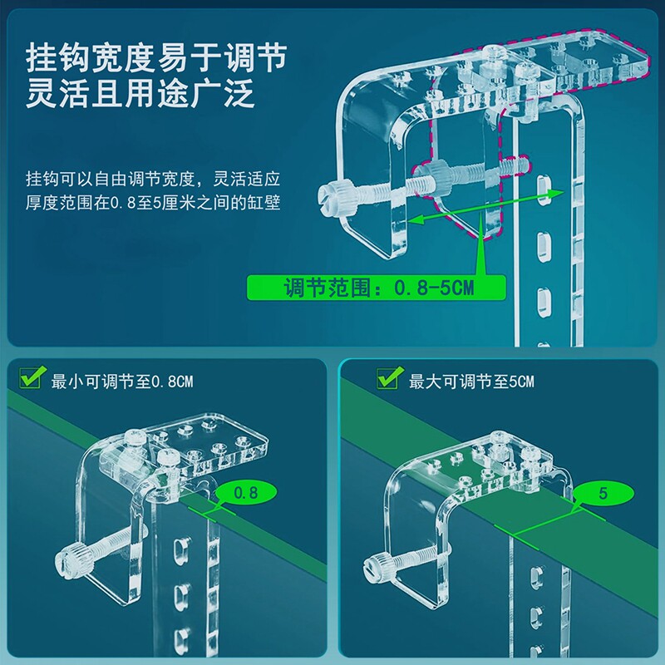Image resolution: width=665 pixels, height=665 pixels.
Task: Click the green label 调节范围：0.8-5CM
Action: point(377,288)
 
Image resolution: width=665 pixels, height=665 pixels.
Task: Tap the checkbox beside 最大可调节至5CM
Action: point(387,380)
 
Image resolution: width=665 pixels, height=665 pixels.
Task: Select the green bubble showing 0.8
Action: point(245,493)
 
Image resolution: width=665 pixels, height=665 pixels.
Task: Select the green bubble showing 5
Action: point(603,493)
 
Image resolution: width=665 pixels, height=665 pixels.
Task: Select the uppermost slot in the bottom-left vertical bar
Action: point(178,550)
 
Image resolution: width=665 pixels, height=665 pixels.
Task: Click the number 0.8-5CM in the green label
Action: point(435,288)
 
